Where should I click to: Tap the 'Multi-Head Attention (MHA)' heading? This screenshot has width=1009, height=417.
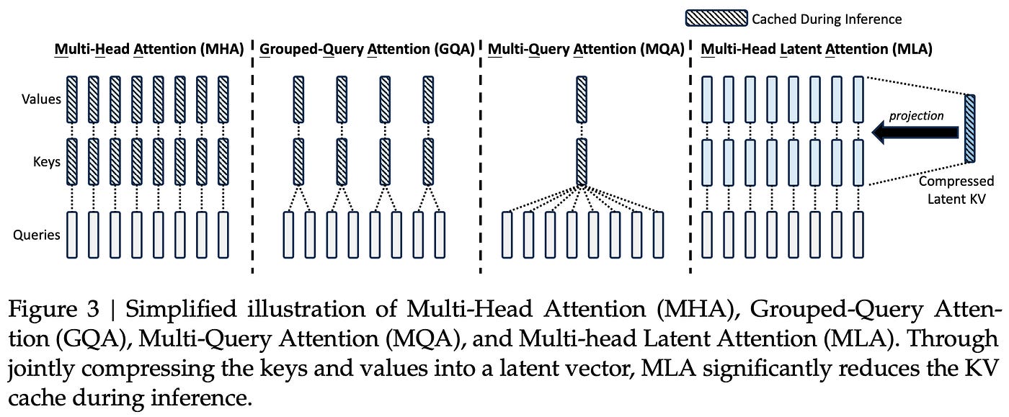pyautogui.click(x=150, y=50)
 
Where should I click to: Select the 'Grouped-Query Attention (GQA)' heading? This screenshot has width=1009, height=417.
pyautogui.click(x=367, y=50)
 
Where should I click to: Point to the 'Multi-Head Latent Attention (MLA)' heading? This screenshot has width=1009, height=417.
pyautogui.click(x=816, y=50)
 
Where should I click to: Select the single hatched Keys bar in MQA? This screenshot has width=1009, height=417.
pyautogui.click(x=582, y=162)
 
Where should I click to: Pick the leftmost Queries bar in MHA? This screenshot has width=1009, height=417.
pyautogui.click(x=71, y=235)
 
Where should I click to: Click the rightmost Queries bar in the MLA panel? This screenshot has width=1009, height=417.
pyautogui.click(x=857, y=235)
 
